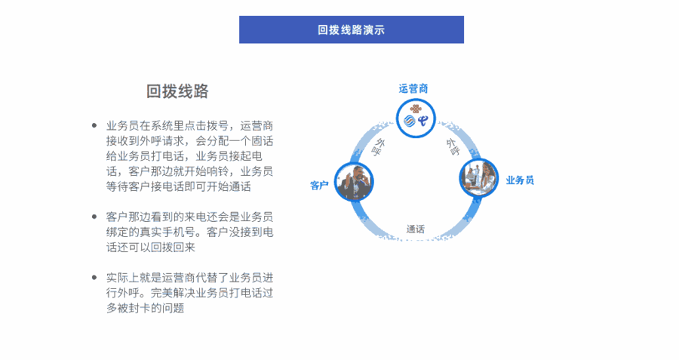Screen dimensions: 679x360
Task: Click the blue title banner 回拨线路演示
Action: coord(351,29)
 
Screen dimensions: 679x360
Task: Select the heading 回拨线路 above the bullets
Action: coord(177,91)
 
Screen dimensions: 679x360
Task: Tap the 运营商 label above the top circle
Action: coord(413,89)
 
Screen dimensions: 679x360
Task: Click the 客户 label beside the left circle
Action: coord(319,186)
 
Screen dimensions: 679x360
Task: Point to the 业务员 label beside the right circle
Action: coord(520,180)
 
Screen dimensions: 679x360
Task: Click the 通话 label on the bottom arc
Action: coord(415,229)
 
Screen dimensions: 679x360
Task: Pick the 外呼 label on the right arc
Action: coord(453,147)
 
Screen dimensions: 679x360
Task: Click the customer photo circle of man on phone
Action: coord(355,182)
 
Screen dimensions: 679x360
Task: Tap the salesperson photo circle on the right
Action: coord(478,177)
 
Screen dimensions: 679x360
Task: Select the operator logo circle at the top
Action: coord(416,118)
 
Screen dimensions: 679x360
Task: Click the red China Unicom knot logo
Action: coord(416,109)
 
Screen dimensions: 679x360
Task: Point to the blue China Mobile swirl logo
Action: coord(409,122)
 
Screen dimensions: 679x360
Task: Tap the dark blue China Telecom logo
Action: coord(422,121)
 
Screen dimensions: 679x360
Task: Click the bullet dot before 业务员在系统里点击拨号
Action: coord(94,125)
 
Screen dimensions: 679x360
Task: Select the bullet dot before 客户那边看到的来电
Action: coord(94,217)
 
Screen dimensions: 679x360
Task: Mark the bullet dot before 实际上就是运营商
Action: coord(94,277)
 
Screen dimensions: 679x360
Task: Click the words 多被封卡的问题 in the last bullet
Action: coord(146,308)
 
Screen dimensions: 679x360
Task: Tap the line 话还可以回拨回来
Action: coord(151,248)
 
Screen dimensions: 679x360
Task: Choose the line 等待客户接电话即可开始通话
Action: coord(178,186)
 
